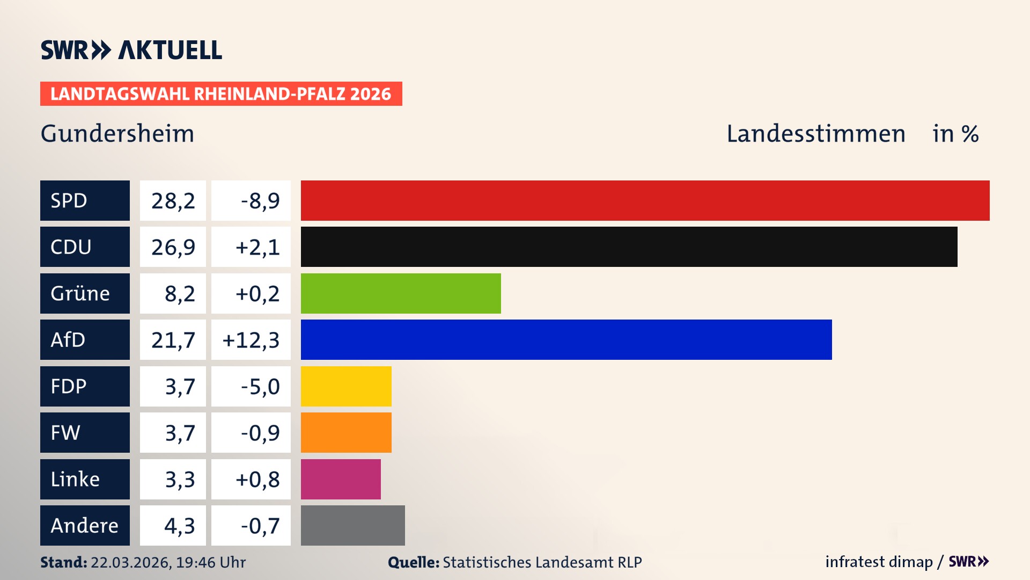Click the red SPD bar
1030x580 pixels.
pyautogui.click(x=645, y=200)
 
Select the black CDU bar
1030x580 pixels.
pyautogui.click(x=629, y=247)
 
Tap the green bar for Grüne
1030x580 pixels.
pyautogui.click(x=401, y=293)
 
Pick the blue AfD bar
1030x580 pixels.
pyautogui.click(x=566, y=339)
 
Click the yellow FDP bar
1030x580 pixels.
pyautogui.click(x=346, y=386)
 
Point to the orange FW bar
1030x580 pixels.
pyautogui.click(x=346, y=432)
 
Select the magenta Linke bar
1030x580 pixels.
pyautogui.click(x=341, y=479)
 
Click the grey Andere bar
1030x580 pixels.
pyautogui.click(x=352, y=525)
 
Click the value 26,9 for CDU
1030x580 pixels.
pyautogui.click(x=173, y=247)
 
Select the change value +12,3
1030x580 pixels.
pyautogui.click(x=251, y=340)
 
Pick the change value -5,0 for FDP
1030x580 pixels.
pyautogui.click(x=260, y=386)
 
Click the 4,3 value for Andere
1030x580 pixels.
pyautogui.click(x=179, y=526)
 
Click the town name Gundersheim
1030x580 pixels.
pyautogui.click(x=117, y=134)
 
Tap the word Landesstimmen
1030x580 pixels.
pyautogui.click(x=815, y=134)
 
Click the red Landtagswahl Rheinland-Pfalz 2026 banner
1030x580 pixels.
pyautogui.click(x=221, y=94)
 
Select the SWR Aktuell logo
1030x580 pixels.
pyautogui.click(x=131, y=50)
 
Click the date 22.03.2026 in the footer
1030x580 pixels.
pyautogui.click(x=131, y=562)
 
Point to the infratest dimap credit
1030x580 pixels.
pyautogui.click(x=879, y=562)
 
